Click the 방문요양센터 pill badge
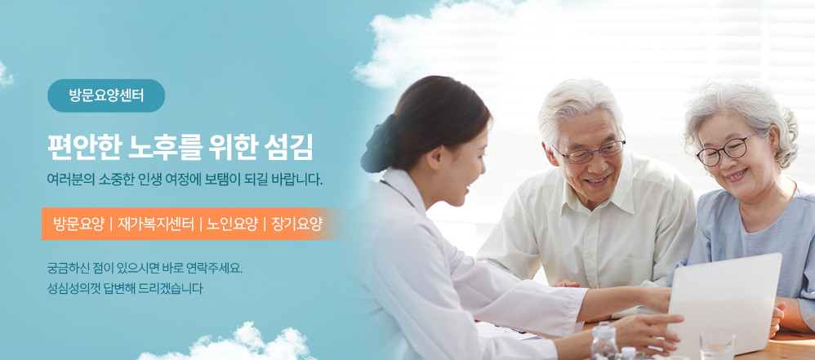[x=106, y=96]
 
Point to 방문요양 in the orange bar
[x=78, y=224]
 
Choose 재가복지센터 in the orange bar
[x=155, y=224]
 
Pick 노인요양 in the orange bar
[x=232, y=224]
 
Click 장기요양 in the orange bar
[x=296, y=224]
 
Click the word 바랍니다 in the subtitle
[x=300, y=180]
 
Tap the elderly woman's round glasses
[x=726, y=149]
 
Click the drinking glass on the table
[x=717, y=346]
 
